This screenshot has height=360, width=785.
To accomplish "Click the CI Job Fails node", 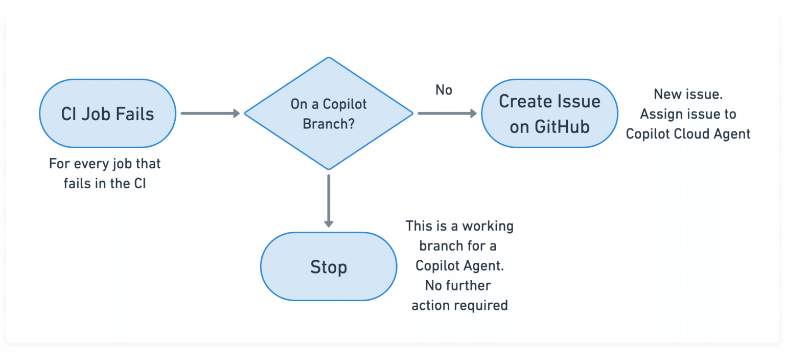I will [107, 114].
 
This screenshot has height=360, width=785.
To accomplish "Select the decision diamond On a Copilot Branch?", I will [329, 114].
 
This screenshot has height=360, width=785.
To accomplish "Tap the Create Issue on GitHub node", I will [549, 114].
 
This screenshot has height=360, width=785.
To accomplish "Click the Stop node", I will [329, 267].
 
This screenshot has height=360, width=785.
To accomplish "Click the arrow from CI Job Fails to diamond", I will [210, 114].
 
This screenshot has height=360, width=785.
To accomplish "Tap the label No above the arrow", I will [444, 90].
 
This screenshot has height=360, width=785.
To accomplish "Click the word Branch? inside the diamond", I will [329, 124].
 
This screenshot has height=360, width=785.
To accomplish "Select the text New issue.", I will [688, 94].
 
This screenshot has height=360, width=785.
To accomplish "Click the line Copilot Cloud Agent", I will [688, 134].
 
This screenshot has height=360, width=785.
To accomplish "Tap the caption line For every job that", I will [105, 164].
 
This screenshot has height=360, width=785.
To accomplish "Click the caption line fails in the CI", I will [105, 184].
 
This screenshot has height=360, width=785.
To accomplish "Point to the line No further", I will [458, 285].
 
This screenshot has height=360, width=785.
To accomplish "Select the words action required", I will [459, 305].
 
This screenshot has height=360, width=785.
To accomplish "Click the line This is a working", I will [459, 226].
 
